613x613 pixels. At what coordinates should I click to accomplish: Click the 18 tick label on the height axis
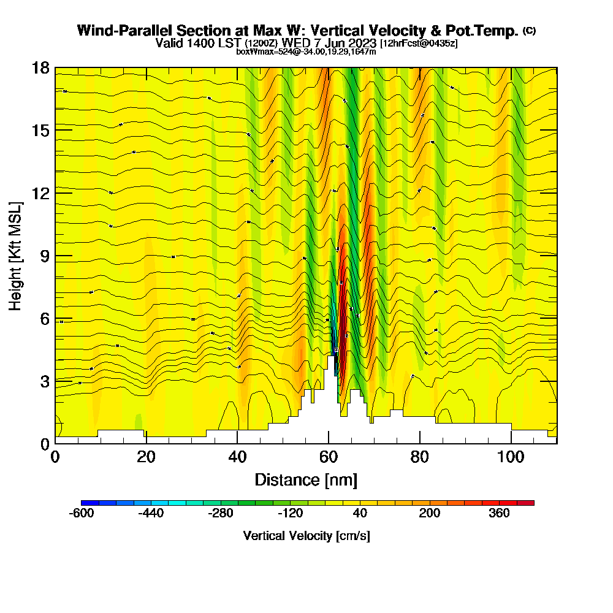click(x=40, y=67)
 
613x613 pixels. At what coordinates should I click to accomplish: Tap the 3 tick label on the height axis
click(x=45, y=381)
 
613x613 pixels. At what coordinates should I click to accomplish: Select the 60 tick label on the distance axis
click(x=329, y=457)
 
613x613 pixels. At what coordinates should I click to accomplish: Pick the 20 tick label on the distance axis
click(x=146, y=457)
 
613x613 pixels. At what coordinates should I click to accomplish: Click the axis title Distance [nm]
click(x=306, y=479)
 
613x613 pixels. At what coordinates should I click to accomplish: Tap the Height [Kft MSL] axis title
click(x=15, y=255)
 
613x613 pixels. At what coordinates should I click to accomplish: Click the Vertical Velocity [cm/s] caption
click(x=306, y=536)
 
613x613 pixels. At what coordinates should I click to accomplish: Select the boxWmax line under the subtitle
click(x=306, y=51)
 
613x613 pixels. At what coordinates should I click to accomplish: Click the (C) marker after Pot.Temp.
click(x=529, y=30)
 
